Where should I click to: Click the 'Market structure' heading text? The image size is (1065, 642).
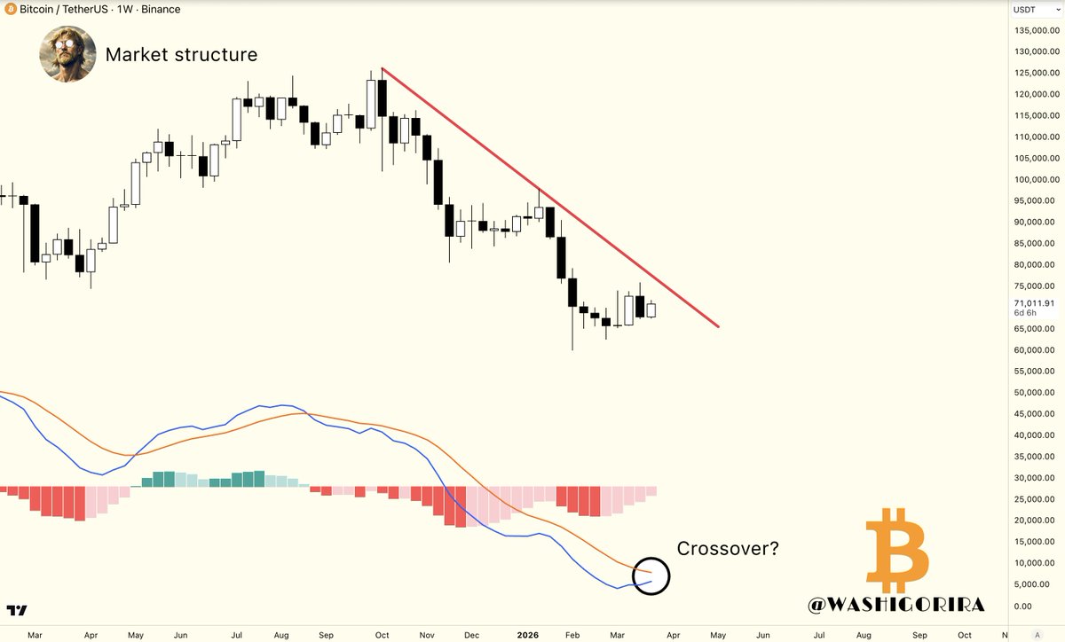(x=181, y=55)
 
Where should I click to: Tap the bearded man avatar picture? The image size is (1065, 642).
(x=67, y=55)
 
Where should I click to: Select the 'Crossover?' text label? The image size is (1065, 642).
(x=728, y=549)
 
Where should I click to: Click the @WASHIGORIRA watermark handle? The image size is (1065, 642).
(x=896, y=605)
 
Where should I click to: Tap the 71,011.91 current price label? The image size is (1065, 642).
(x=1034, y=303)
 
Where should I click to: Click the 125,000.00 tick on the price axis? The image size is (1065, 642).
(x=1034, y=73)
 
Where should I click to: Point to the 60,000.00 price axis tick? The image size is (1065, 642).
(x=1034, y=350)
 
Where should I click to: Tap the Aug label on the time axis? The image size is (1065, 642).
(x=863, y=636)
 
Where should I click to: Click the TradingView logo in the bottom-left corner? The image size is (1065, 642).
(x=17, y=610)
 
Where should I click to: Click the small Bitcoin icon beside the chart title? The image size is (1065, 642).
(x=10, y=10)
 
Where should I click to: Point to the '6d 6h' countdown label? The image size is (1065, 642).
(x=1026, y=314)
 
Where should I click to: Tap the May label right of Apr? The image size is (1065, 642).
(x=718, y=636)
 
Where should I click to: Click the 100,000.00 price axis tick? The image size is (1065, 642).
(x=1034, y=179)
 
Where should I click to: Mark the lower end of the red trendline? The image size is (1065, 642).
(x=717, y=326)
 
